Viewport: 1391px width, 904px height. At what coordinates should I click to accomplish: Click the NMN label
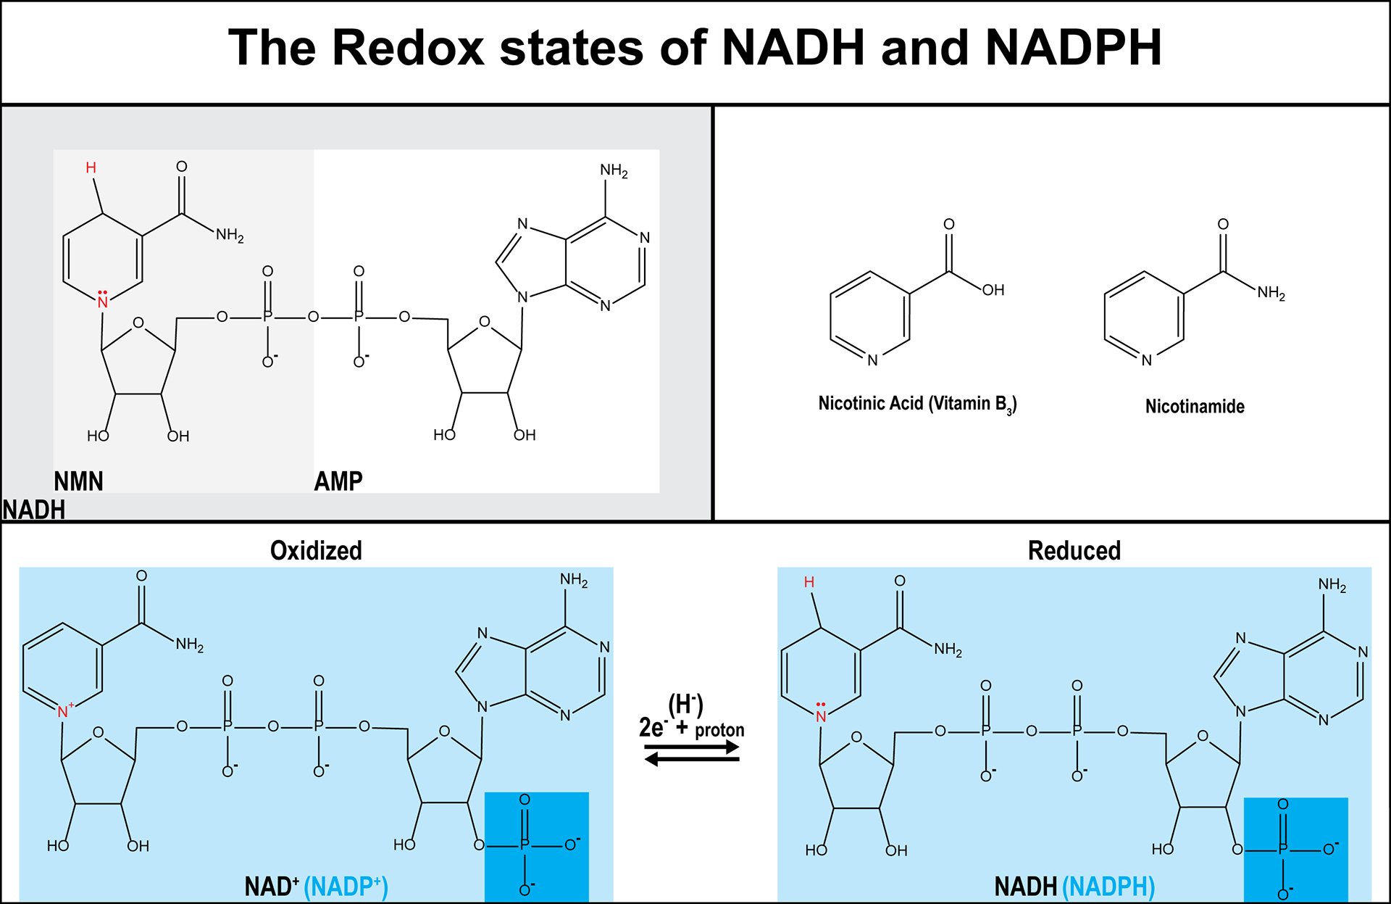coord(78,481)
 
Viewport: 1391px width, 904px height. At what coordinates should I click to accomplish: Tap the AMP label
coord(338,481)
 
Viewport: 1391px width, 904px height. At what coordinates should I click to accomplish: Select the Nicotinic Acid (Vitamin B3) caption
coord(917,404)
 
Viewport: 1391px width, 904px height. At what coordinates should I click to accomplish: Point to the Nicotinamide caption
coord(1195,407)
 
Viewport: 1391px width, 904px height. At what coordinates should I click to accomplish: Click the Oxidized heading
coord(316,551)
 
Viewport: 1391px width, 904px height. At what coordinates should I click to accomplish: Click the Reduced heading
coord(1074,551)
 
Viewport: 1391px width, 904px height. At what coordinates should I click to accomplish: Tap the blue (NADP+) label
coord(346,887)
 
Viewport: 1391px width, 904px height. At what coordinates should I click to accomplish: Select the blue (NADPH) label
coord(1108,887)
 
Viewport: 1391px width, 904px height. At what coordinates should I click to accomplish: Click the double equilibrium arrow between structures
coord(692,754)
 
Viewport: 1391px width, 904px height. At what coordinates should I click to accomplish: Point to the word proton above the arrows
coord(719,730)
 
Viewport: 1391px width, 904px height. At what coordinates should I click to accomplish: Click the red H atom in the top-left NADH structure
coord(91,168)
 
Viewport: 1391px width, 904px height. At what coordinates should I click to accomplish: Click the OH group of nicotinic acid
coord(993,290)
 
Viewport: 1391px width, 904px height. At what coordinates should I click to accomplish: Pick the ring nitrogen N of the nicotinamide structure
coord(1146,360)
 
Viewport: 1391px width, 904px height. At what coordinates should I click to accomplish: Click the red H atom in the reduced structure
coord(809,582)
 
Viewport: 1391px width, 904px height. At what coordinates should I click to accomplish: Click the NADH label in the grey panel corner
coord(33,510)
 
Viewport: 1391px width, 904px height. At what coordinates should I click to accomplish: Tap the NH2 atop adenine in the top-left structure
coord(613,171)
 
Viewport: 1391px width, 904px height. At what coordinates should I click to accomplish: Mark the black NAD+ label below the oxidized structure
coord(271,887)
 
